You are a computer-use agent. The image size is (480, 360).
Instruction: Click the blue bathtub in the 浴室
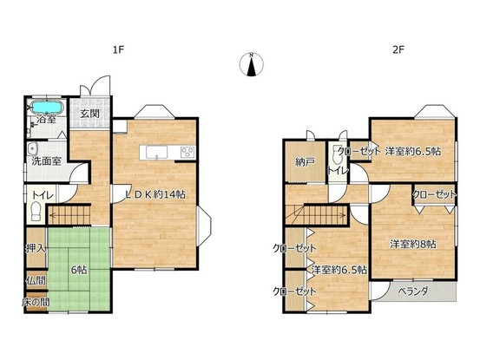[x=48, y=108]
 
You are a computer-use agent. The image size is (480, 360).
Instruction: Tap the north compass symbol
[x=251, y=64]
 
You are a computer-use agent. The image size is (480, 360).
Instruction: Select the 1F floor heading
[x=118, y=49]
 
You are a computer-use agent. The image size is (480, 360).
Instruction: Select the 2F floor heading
[x=398, y=49]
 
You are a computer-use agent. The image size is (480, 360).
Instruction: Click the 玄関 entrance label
[x=89, y=115]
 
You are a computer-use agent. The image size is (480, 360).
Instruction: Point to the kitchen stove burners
[x=187, y=153]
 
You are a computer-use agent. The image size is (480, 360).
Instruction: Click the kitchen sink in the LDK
[x=156, y=153]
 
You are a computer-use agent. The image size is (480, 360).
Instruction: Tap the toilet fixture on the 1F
[x=36, y=211]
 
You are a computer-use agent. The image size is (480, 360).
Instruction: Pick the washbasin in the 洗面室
[x=32, y=149]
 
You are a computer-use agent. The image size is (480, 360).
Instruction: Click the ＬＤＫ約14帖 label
[x=156, y=194]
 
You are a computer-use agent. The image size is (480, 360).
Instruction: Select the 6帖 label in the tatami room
[x=79, y=270]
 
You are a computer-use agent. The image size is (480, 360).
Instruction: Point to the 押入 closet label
[x=36, y=248]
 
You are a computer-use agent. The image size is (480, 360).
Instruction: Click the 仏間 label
[x=36, y=280]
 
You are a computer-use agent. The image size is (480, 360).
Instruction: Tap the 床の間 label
[x=36, y=302]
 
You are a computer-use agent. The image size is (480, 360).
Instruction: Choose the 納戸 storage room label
[x=305, y=162]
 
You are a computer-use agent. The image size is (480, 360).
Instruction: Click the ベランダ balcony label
[x=412, y=291]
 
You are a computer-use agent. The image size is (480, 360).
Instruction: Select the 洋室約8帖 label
[x=412, y=244]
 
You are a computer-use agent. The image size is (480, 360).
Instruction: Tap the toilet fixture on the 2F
[x=337, y=156]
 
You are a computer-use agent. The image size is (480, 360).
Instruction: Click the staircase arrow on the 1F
[x=69, y=215]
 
